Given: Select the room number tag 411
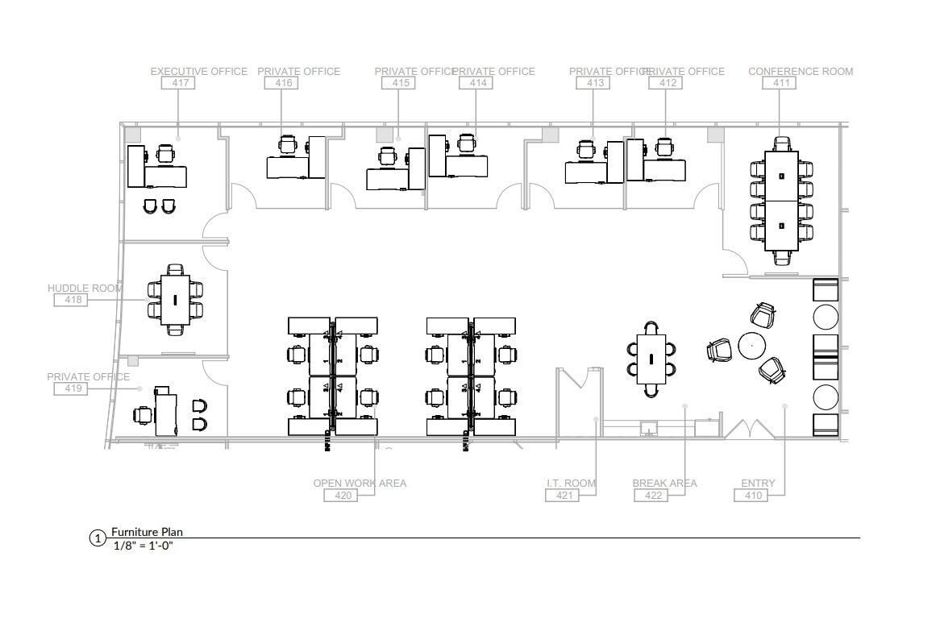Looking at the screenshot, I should coord(781,83).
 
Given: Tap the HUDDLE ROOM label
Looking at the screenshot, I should coord(85,289).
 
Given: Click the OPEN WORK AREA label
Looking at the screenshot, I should coord(360,484).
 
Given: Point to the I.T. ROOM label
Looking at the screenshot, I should coord(571,484).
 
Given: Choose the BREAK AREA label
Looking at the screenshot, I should coord(664,484).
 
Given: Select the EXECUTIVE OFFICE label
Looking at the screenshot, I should coord(199,72).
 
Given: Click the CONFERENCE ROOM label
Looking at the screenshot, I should coord(800,72).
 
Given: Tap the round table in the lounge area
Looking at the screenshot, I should coord(751,347).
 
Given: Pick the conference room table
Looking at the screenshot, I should coord(780,201).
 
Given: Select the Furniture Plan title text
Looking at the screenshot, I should coord(148,532).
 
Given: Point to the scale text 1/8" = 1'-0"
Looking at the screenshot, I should coord(144,546).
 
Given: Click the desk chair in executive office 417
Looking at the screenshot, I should coord(165,153).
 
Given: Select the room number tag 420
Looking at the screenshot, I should coord(343,496).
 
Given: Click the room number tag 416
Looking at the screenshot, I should coord(285,83).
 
